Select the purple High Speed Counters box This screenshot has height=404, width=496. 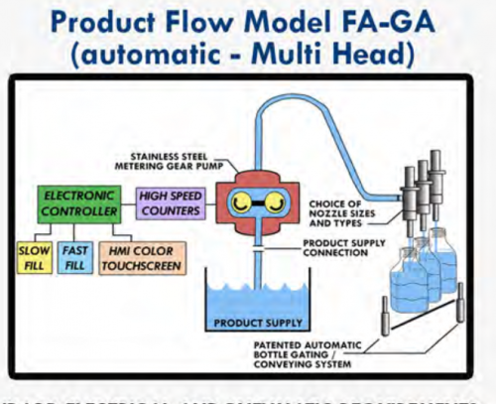[169, 203]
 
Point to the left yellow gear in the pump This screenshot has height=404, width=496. [238, 203]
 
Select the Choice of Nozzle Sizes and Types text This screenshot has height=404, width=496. [348, 211]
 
